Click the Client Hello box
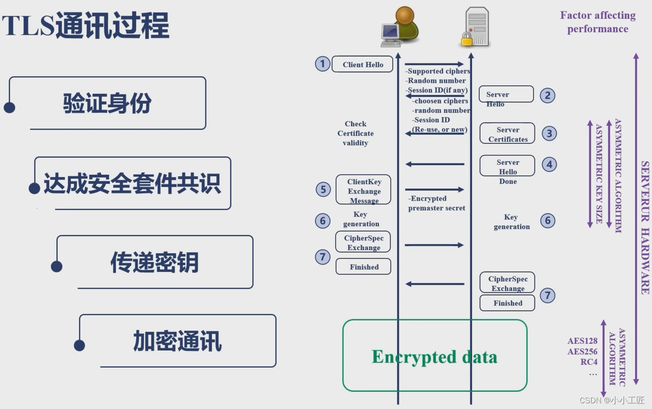tap(363, 64)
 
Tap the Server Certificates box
tap(507, 134)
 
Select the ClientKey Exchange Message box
tap(364, 191)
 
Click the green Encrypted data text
tap(434, 357)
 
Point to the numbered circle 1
tap(323, 64)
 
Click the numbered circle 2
tap(547, 95)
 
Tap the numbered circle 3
tap(549, 133)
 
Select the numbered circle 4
tap(549, 165)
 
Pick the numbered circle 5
tap(323, 190)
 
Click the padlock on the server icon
tap(467, 39)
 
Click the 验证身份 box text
tap(107, 103)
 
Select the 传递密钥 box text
tap(154, 262)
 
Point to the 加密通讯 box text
tap(177, 341)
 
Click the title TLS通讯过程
tap(86, 26)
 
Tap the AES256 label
tap(582, 352)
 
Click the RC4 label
tap(589, 362)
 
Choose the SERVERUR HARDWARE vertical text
tap(645, 228)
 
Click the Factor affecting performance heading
tap(598, 22)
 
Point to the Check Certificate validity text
tap(356, 133)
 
